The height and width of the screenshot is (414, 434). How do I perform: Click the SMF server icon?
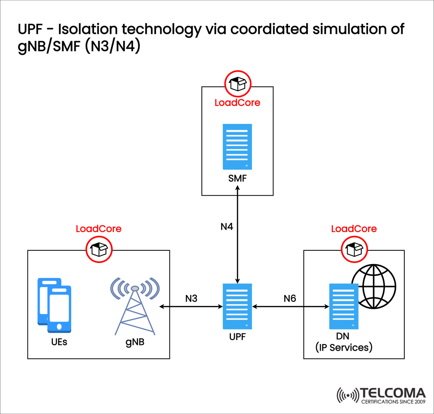(x=237, y=146)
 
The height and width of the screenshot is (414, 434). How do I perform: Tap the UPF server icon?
(x=237, y=306)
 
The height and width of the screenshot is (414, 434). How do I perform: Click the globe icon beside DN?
(x=373, y=286)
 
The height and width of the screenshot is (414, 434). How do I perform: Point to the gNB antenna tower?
(x=134, y=306)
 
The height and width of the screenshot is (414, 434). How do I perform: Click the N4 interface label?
(x=227, y=227)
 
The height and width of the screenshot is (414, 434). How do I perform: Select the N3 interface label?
(x=191, y=298)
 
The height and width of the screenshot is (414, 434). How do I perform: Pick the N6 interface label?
(x=290, y=298)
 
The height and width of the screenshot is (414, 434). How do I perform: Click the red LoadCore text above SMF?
(x=237, y=103)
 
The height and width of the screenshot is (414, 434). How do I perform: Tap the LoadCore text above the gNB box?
(x=99, y=229)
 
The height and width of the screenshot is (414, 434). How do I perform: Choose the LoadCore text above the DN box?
(x=354, y=229)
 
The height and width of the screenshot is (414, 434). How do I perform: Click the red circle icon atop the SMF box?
(x=238, y=84)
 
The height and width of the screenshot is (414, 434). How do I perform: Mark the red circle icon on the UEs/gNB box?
(x=99, y=249)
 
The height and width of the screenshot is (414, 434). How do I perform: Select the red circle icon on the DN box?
(x=354, y=249)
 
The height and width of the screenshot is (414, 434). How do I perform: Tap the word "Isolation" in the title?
(x=78, y=30)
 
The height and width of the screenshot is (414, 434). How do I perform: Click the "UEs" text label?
(x=60, y=342)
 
